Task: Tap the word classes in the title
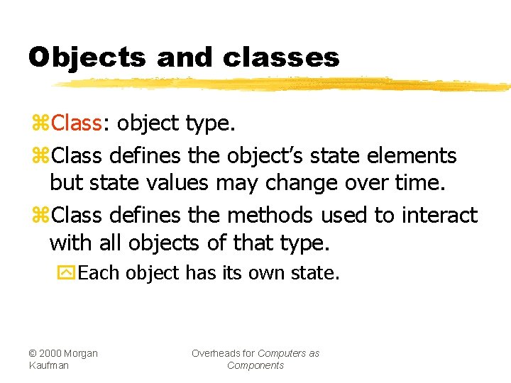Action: (281, 57)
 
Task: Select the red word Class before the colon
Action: (77, 123)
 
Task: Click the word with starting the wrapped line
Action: (72, 244)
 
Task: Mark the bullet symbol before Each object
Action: (65, 273)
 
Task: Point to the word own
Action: (269, 273)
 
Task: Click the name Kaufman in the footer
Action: (49, 365)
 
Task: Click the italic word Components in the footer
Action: (255, 365)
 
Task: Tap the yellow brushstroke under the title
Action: (284, 84)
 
